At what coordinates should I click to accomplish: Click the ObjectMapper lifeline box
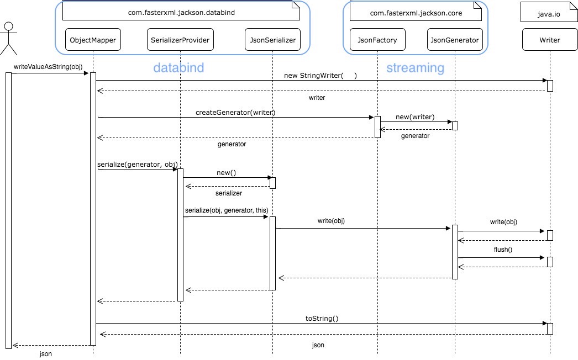93,39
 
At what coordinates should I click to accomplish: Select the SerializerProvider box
180,39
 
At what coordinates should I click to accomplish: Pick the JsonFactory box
377,39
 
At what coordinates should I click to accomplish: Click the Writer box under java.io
549,39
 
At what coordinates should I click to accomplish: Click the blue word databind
178,68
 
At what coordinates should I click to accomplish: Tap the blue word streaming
415,68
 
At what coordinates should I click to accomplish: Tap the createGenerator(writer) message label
235,112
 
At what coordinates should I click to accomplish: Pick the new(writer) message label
414,117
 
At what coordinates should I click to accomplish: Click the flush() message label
503,249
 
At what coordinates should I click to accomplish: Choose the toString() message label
322,318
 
